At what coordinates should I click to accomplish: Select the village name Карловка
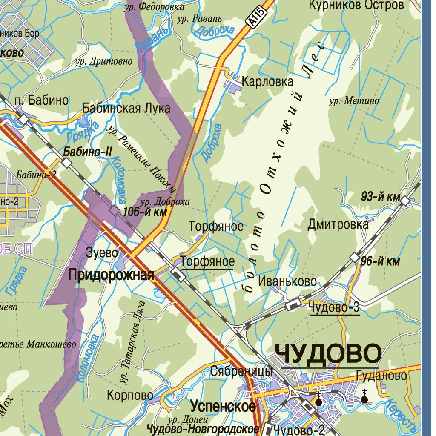point(267,81)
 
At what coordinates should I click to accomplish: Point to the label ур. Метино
point(354,101)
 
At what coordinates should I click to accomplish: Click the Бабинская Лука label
point(126,108)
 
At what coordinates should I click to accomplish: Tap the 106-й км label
point(145,212)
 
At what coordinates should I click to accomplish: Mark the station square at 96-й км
point(355,257)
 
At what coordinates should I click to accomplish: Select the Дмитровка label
point(338,224)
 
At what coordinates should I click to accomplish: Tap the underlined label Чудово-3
point(334,307)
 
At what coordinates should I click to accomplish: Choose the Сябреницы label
point(241,371)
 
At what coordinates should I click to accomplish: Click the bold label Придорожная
point(111,275)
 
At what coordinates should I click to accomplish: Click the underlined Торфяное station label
point(208,261)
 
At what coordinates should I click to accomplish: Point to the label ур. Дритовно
point(103,62)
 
